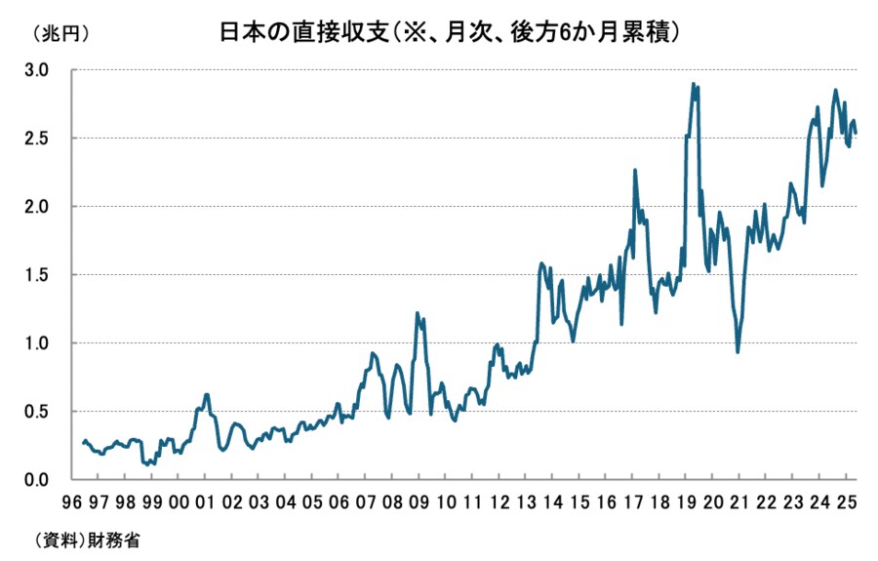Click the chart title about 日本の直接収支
tap(449, 32)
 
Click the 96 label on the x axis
tap(71, 503)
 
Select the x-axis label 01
tap(205, 503)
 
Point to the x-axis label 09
tap(419, 503)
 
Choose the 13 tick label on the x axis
tap(526, 503)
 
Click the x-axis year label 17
tap(633, 503)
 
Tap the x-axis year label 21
tap(739, 503)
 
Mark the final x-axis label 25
tap(847, 503)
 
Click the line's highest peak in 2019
tap(693, 84)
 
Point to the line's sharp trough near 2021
tap(738, 352)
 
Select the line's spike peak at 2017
tap(635, 170)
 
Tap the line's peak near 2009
tap(418, 313)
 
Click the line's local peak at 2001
tap(207, 394)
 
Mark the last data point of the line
tap(856, 133)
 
